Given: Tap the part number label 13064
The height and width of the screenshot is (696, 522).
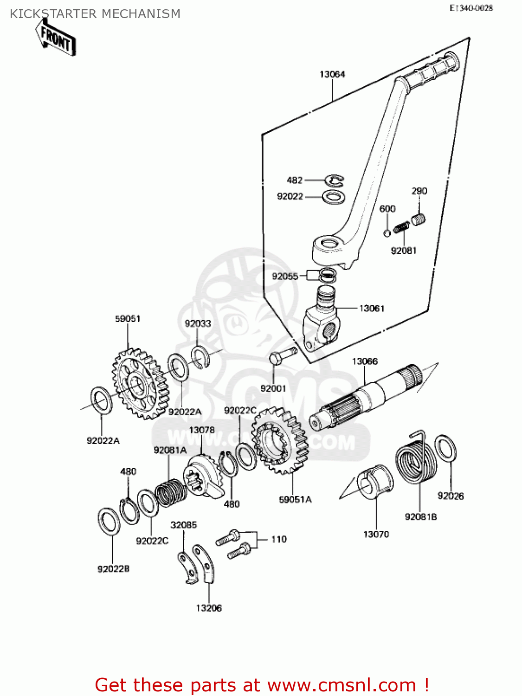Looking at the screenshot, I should pyautogui.click(x=332, y=74).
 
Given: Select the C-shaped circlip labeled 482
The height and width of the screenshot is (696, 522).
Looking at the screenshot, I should pyautogui.click(x=335, y=180).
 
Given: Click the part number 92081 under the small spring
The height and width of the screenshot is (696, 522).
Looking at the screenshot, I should pyautogui.click(x=404, y=251).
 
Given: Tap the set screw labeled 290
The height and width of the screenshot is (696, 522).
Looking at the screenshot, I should pyautogui.click(x=419, y=219).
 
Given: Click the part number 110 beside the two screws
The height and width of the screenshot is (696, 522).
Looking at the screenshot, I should pyautogui.click(x=279, y=539).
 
